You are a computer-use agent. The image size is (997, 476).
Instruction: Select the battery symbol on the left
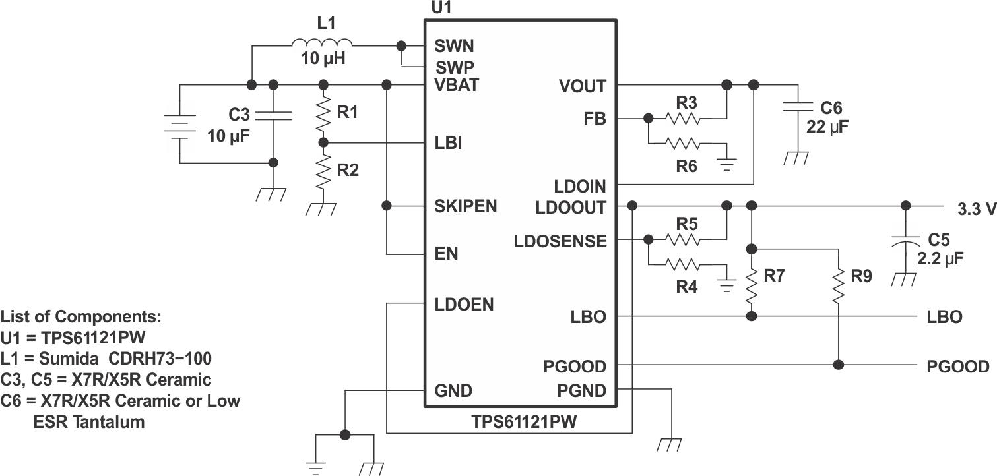pos(178,124)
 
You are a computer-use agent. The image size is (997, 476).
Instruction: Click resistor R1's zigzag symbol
pos(323,114)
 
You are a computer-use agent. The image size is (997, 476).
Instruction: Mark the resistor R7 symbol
pos(751,283)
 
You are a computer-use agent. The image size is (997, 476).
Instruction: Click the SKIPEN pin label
pos(465,206)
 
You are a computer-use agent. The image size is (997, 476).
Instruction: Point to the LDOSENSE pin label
pos(560,241)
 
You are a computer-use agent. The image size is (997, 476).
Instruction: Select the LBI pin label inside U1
pos(448,143)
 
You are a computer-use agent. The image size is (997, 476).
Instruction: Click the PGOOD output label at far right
pos(957,367)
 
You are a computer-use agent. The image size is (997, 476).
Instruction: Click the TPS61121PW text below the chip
pos(523,422)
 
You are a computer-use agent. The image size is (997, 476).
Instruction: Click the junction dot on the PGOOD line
pos(839,365)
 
